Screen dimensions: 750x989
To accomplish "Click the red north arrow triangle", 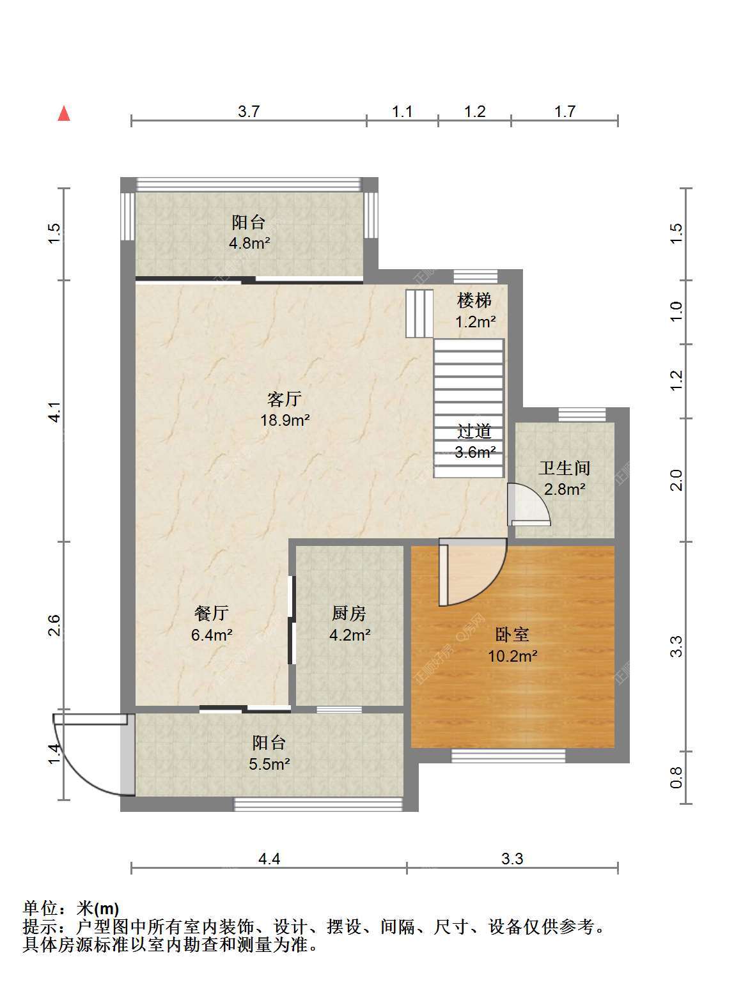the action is [64, 114].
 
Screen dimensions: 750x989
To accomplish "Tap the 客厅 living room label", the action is [285, 399].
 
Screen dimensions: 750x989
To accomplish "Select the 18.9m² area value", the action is [285, 421].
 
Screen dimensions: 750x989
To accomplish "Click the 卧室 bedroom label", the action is [512, 635].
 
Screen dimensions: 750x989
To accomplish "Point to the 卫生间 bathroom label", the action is [565, 469].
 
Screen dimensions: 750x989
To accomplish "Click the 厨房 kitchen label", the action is [349, 613].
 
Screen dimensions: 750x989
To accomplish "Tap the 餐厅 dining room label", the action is [212, 613].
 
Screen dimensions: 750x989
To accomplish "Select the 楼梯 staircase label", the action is [474, 300].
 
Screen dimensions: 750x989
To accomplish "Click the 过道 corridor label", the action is [474, 431].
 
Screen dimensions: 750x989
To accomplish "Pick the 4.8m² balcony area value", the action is [249, 244].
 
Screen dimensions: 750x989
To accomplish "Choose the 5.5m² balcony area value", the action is [269, 764].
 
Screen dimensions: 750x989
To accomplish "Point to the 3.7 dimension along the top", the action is [249, 111].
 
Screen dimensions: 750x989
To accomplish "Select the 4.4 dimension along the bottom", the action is [269, 859].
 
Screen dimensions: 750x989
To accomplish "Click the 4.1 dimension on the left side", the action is [54, 411].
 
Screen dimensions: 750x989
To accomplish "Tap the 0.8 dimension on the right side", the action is [676, 777].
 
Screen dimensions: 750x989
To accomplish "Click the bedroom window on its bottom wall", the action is [508, 756].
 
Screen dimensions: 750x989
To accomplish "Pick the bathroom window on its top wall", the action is [582, 414].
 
